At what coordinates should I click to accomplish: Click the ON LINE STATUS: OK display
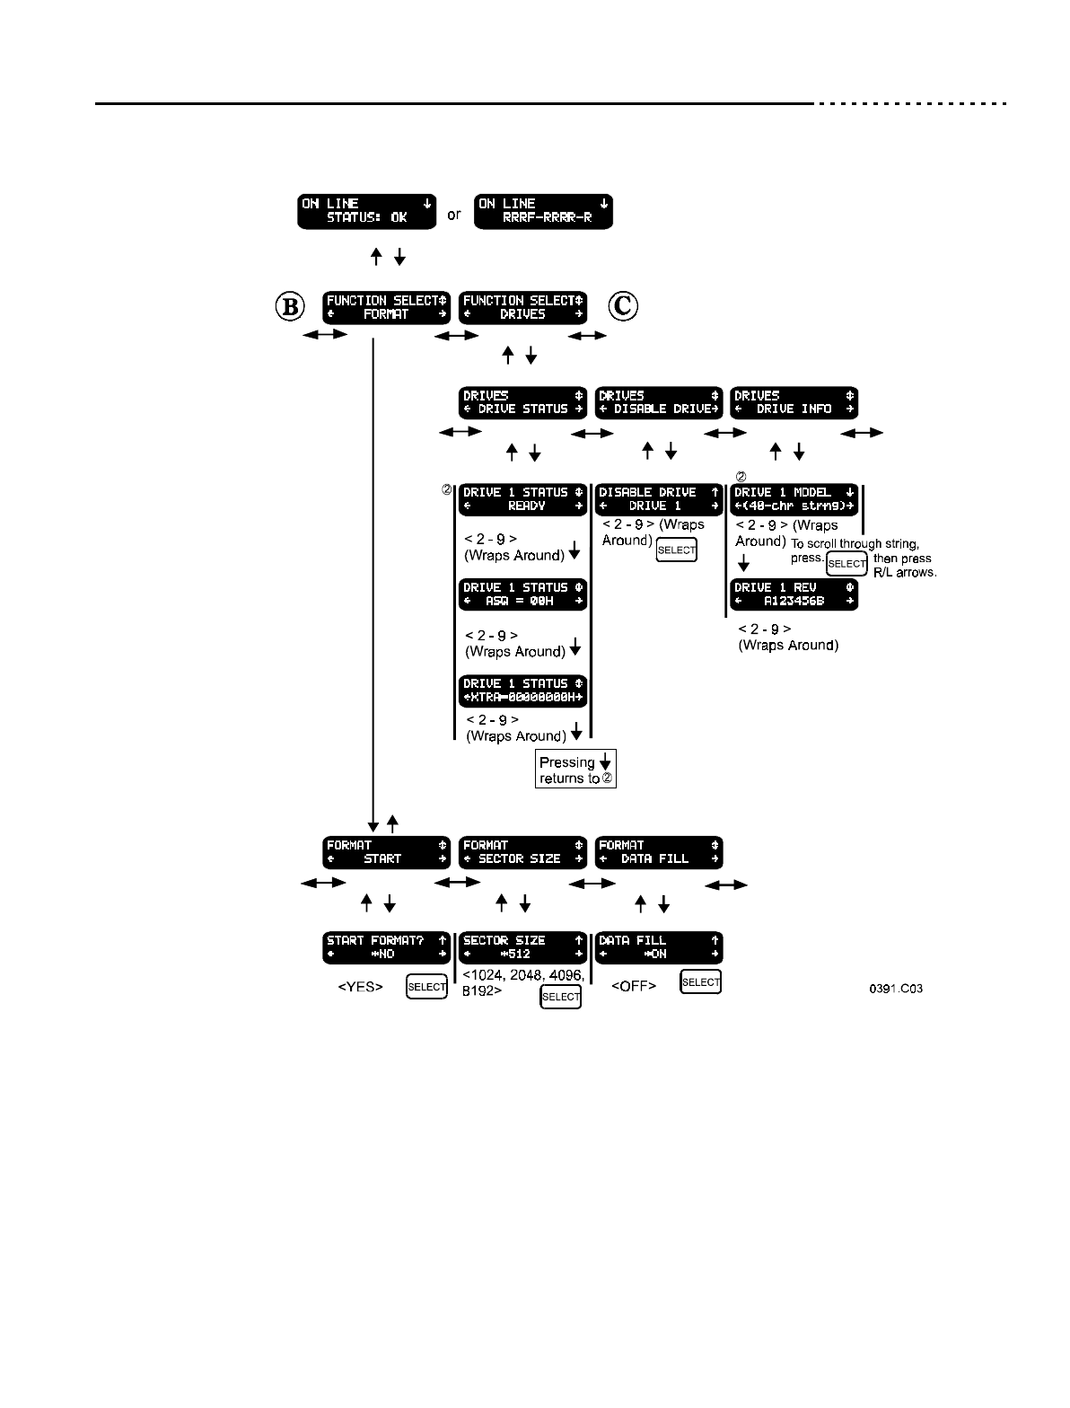click(x=366, y=211)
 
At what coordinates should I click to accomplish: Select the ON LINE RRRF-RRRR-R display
click(x=544, y=211)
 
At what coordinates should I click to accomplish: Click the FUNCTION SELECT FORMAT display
click(x=386, y=308)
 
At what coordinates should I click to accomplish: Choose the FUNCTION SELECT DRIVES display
click(x=522, y=308)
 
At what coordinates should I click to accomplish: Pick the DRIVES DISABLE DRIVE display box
click(x=659, y=402)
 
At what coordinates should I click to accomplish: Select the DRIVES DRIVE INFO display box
click(x=794, y=402)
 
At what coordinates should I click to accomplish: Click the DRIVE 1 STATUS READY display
click(x=522, y=499)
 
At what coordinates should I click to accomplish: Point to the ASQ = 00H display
click(x=522, y=594)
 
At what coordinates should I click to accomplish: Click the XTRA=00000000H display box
click(x=522, y=691)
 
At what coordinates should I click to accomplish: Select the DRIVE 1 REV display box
click(x=794, y=594)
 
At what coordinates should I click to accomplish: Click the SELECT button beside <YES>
click(x=426, y=986)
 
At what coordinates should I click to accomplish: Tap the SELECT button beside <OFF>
click(x=700, y=982)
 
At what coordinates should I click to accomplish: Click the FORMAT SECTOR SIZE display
click(x=522, y=852)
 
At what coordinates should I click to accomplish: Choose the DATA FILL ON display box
click(x=659, y=947)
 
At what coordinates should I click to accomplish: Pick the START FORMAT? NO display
click(x=386, y=947)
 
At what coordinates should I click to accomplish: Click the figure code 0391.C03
click(x=895, y=989)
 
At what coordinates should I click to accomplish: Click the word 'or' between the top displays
click(x=454, y=215)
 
